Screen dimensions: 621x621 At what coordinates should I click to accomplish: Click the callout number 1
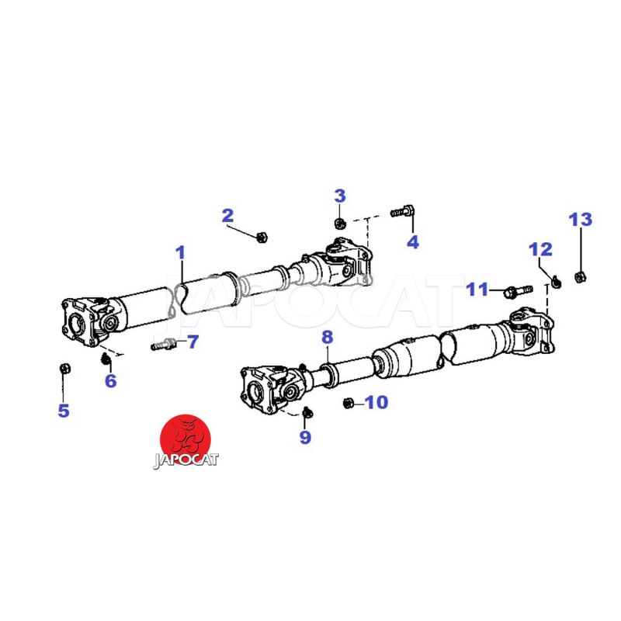tap(181, 253)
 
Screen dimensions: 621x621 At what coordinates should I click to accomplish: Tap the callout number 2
tap(227, 216)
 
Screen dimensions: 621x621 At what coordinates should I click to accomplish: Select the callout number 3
tap(340, 196)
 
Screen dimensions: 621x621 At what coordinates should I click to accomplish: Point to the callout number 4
tap(413, 241)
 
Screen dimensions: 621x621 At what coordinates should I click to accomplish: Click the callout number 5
tap(64, 411)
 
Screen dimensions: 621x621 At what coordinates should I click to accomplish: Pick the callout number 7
tap(193, 342)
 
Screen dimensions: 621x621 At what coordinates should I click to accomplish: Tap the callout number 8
tap(328, 338)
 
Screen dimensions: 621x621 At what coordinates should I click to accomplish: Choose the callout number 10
tap(376, 402)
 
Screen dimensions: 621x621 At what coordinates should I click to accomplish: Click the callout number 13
tap(581, 220)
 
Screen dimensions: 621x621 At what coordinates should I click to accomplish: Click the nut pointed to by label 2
tap(262, 238)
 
